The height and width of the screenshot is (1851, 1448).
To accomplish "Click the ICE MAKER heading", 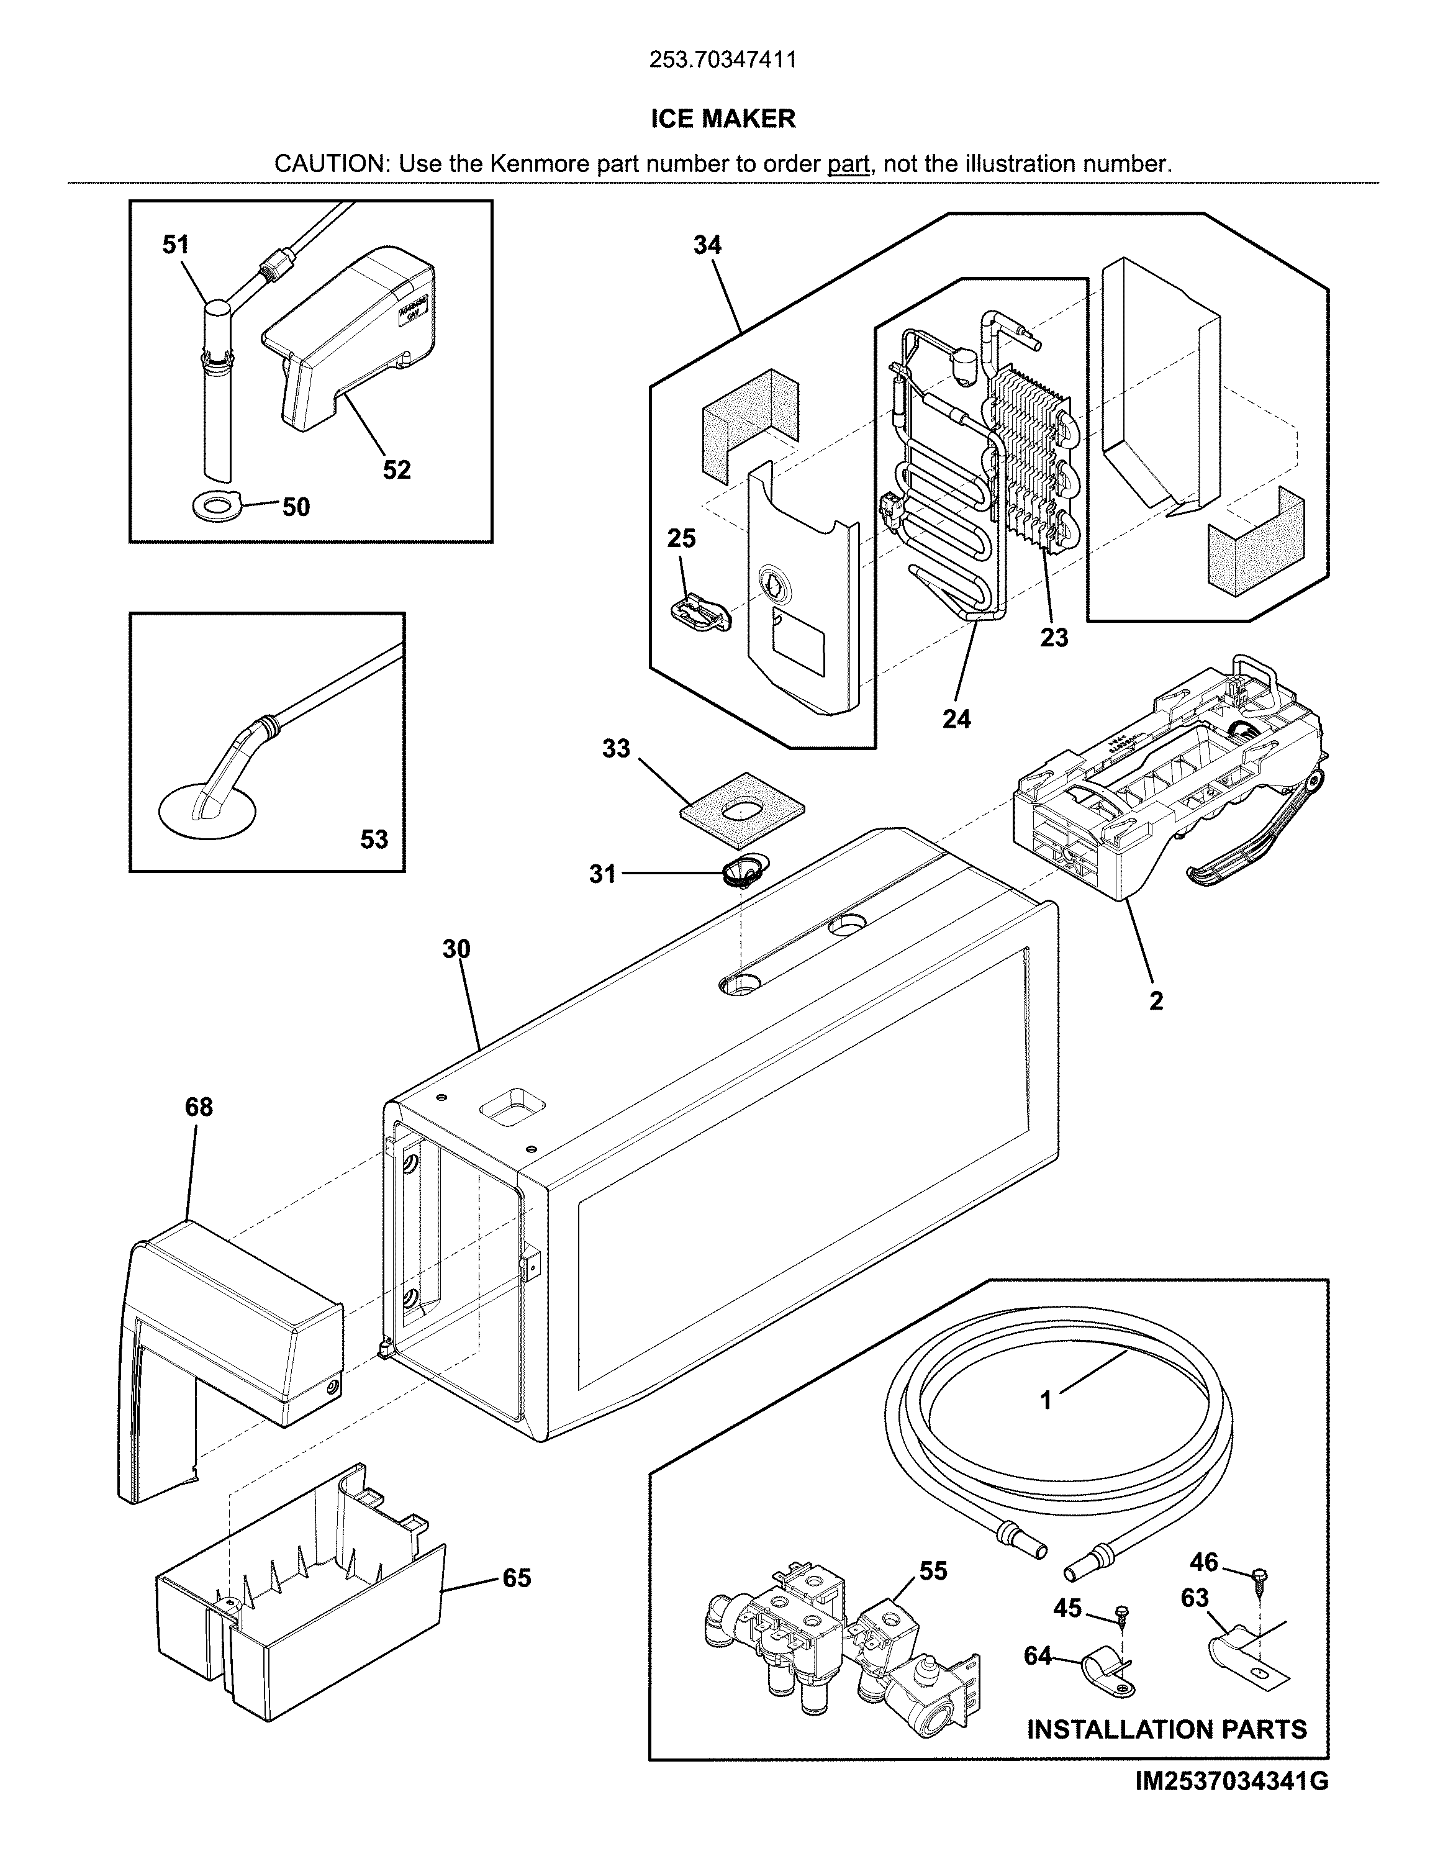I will coord(723,119).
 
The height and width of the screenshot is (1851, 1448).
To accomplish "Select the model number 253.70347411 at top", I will coord(723,60).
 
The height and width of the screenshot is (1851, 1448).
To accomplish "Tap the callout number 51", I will coord(176,245).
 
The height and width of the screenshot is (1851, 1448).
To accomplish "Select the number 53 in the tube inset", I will coord(374,840).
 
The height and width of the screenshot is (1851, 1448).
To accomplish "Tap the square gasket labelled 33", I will coord(742,809).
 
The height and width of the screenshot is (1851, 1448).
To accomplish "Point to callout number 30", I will coord(456,949).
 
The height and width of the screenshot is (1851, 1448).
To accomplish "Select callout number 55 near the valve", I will coord(933,1571).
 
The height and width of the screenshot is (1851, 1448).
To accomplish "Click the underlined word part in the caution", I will coord(849,164).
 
